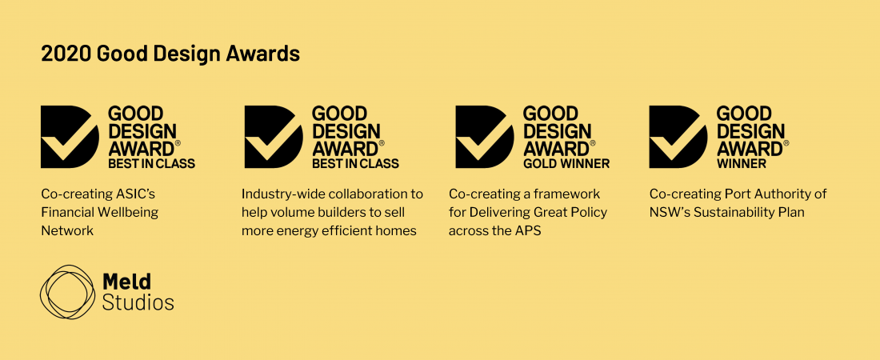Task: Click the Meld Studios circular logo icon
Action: [66, 292]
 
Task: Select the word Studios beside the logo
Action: [138, 303]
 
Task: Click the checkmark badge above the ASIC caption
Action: [70, 137]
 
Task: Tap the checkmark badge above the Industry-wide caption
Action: [274, 137]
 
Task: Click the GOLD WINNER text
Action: [566, 164]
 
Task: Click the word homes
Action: [397, 231]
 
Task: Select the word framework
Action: [569, 194]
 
